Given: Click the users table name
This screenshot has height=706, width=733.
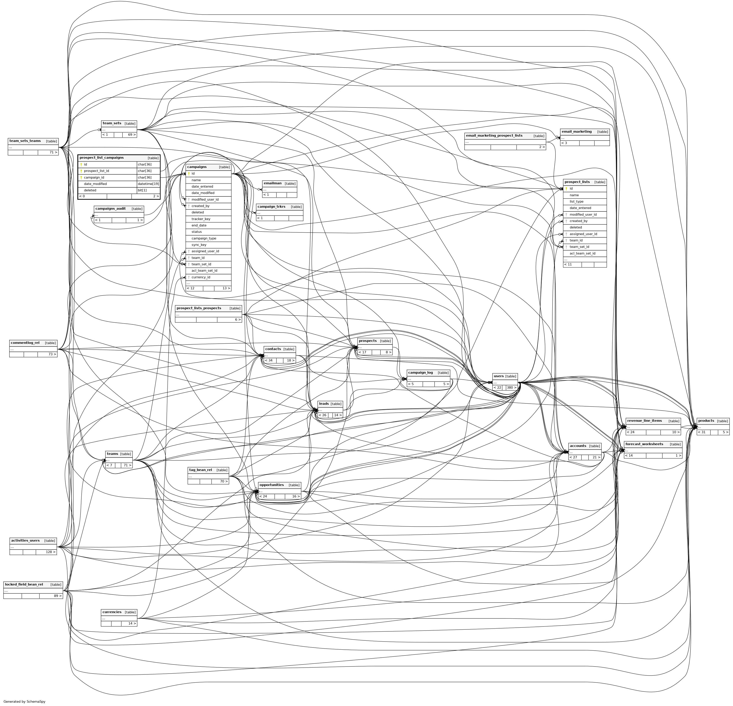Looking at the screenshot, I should [499, 376].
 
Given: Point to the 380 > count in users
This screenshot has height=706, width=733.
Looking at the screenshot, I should [511, 388].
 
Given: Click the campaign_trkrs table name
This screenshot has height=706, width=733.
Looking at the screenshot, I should [271, 207].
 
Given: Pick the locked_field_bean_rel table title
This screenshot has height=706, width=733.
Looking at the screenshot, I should [24, 584].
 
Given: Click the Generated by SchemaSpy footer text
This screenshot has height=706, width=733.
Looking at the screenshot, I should [24, 702].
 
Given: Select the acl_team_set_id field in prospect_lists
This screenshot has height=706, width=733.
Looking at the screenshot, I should [582, 253].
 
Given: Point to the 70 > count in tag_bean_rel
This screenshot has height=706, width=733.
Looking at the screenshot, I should [224, 482].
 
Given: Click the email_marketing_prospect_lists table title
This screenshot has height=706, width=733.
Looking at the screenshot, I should [494, 136].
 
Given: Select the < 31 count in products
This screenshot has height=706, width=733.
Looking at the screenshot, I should [702, 432].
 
